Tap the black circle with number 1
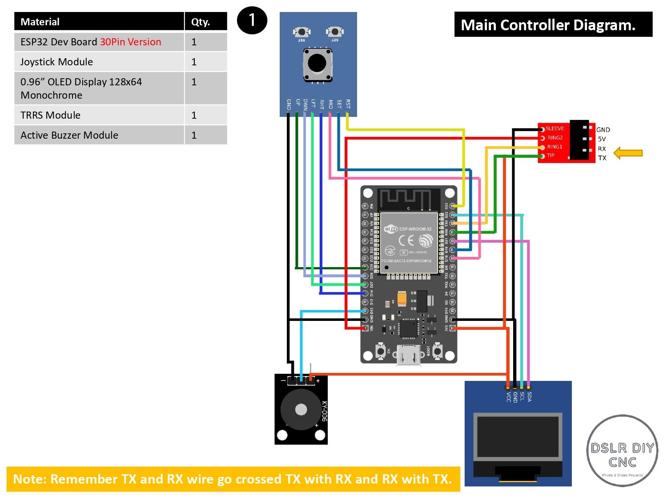pyautogui.click(x=252, y=20)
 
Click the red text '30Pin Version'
pyautogui.click(x=130, y=42)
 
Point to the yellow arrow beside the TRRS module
pyautogui.click(x=628, y=153)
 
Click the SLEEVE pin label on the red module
pyautogui.click(x=554, y=128)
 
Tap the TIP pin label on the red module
pyautogui.click(x=550, y=156)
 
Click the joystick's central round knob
pyautogui.click(x=317, y=64)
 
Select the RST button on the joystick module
pyautogui.click(x=302, y=32)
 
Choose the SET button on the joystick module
pyautogui.click(x=334, y=32)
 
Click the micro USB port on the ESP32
pyautogui.click(x=409, y=356)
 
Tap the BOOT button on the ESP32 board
pyautogui.click(x=438, y=352)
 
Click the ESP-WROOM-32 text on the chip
pyautogui.click(x=415, y=229)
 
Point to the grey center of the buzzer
pyautogui.click(x=301, y=409)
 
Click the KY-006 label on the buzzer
pyautogui.click(x=324, y=411)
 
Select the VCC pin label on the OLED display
pyautogui.click(x=508, y=396)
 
